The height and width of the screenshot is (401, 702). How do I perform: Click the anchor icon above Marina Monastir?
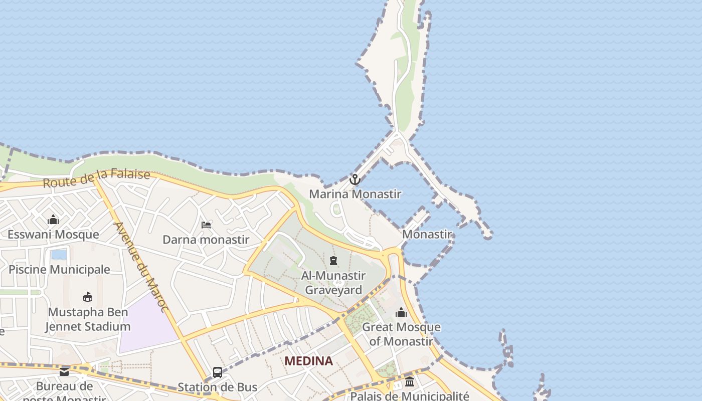pos(355,179)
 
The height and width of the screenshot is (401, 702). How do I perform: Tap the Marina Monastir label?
pos(355,194)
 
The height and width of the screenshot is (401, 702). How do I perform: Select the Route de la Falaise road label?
pos(96,178)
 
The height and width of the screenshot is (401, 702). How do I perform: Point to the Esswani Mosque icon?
pos(53,220)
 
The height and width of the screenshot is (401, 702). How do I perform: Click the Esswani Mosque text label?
pos(53,235)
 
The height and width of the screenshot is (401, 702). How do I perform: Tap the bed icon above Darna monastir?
pos(206,225)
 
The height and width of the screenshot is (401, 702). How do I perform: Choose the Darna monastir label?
pos(206,240)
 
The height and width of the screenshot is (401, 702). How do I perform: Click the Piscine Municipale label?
pos(59,270)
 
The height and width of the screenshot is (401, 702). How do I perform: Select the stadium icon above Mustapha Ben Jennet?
pos(88,297)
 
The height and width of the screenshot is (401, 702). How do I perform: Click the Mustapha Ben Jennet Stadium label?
pos(88,320)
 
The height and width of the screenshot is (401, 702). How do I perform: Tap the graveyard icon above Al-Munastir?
pos(333,261)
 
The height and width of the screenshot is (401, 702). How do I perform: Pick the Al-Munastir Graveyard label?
pos(333,283)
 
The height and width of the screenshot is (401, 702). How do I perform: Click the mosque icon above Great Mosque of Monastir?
pos(401,313)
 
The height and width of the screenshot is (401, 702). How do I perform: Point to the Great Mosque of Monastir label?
pos(401,334)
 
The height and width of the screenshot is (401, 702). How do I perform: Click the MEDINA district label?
pos(308,361)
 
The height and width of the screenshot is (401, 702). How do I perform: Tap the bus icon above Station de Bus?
pos(218,372)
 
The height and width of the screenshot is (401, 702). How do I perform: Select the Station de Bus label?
pos(218,387)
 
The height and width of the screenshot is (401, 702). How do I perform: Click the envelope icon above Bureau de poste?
pos(64,372)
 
